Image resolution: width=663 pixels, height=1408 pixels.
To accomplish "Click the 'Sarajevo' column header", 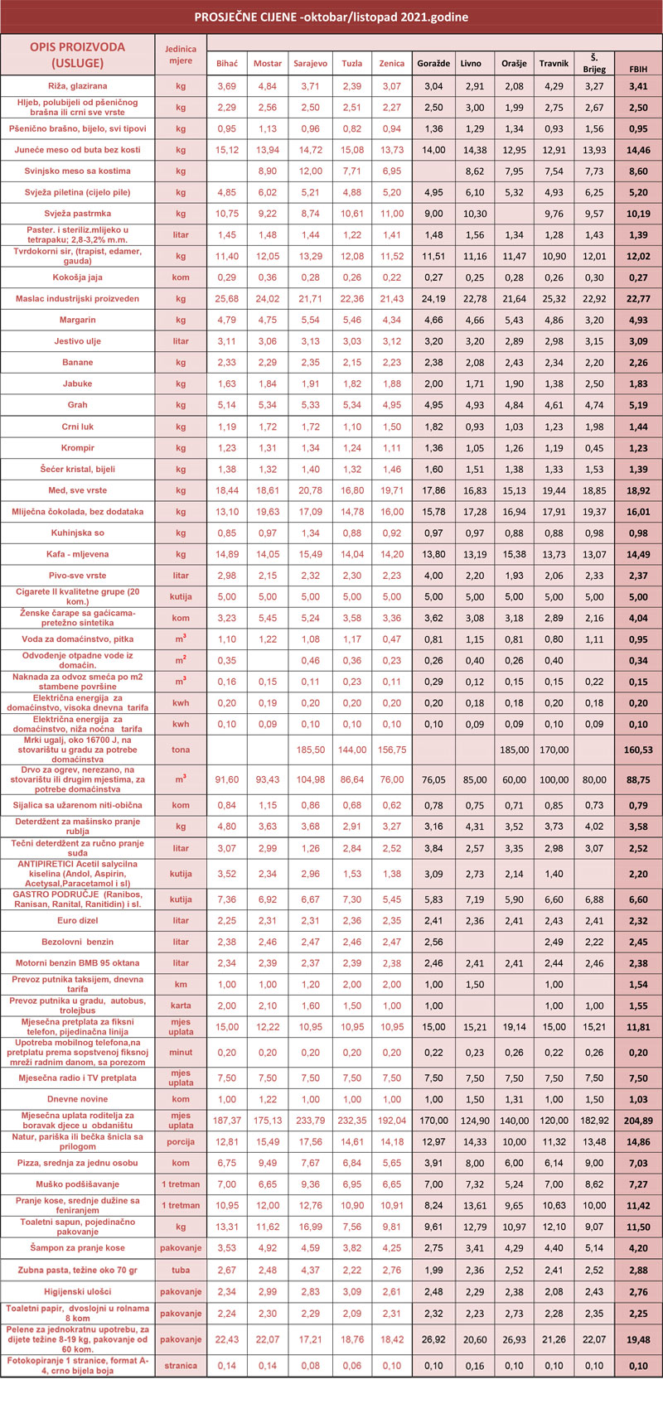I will click(310, 64).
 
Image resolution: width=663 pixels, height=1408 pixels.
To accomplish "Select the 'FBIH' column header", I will click(638, 69).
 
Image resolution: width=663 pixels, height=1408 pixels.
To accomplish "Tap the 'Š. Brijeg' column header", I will click(594, 64).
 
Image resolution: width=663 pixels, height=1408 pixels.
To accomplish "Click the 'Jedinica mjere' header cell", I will click(181, 55).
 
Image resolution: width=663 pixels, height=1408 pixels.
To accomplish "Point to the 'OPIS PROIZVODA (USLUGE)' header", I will click(77, 55).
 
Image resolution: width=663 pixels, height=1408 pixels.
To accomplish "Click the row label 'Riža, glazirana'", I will click(77, 86).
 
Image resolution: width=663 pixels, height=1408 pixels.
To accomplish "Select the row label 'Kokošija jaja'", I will click(77, 277).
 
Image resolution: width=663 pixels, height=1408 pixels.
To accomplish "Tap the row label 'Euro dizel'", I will click(77, 920).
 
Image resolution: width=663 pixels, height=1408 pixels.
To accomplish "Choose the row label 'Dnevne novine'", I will click(77, 1099).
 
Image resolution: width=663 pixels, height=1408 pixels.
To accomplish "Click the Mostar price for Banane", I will click(268, 363).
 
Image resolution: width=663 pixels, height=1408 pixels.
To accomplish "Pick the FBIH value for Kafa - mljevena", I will click(638, 554).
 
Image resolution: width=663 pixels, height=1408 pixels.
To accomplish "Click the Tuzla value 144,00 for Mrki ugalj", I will click(352, 750).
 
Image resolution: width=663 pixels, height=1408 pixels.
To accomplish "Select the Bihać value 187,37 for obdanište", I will click(227, 1121).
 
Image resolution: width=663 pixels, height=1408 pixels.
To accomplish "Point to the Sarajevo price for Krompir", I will click(310, 448).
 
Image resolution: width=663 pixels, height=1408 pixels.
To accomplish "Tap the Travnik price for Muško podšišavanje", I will click(554, 1184).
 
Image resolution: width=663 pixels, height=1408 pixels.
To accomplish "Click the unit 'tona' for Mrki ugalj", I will click(181, 750).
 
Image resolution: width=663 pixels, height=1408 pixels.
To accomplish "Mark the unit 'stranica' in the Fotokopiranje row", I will click(181, 1366).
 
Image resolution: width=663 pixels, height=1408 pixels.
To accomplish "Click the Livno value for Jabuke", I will click(471, 384).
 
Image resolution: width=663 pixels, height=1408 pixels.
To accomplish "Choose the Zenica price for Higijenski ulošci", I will click(391, 1291).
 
